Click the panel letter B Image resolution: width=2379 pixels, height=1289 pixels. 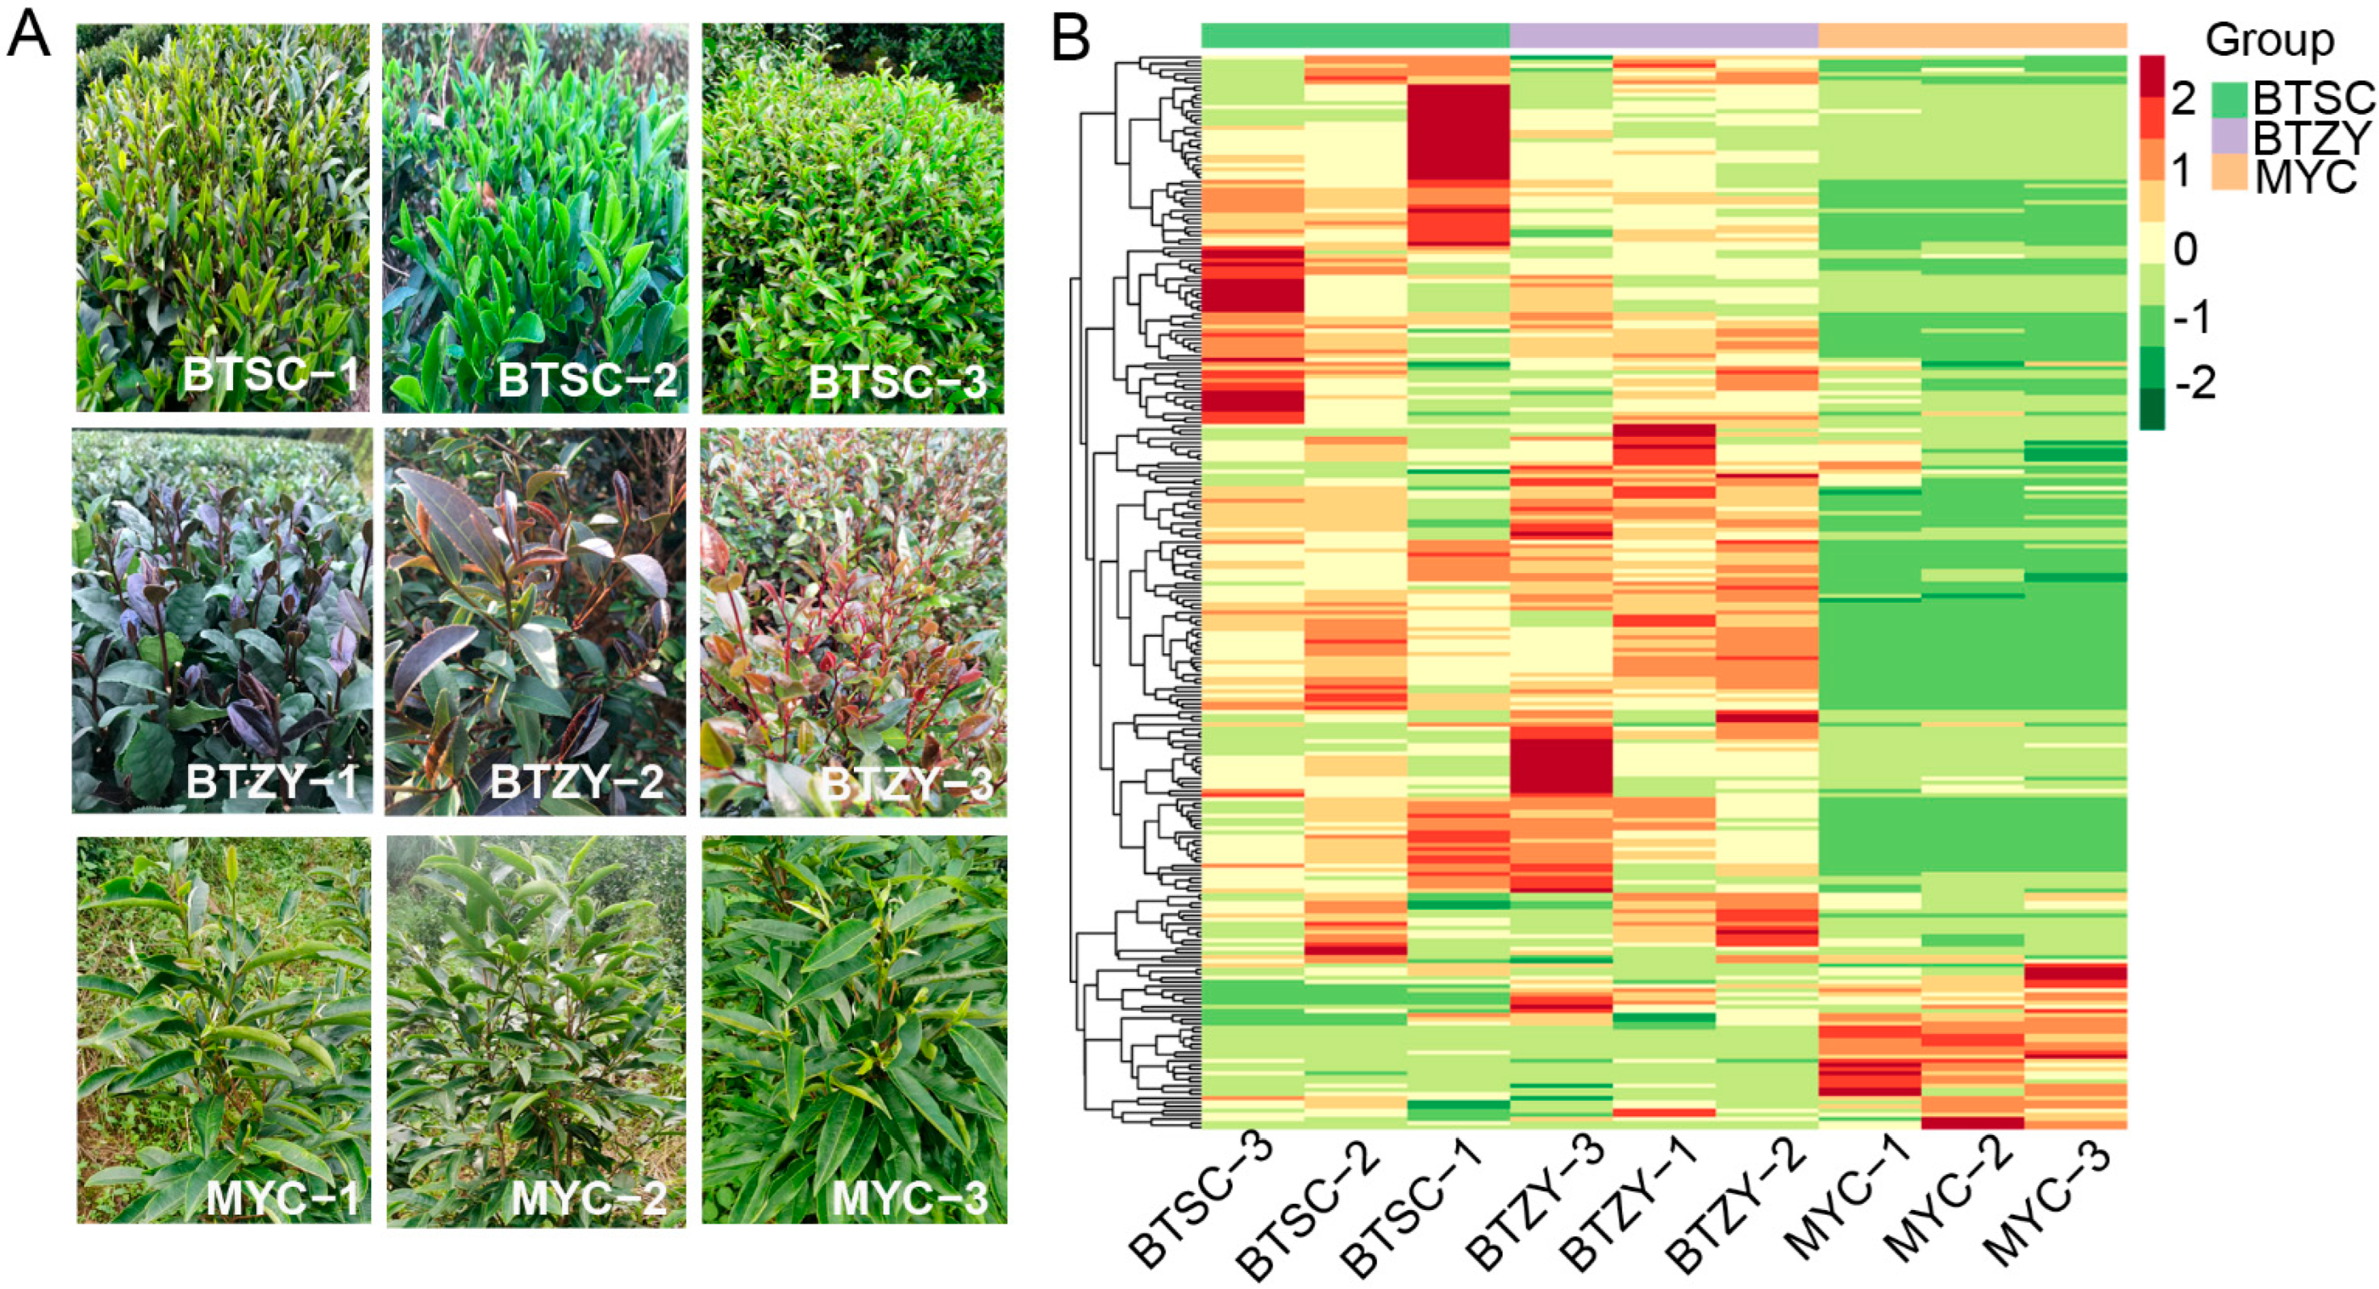[x=1071, y=39]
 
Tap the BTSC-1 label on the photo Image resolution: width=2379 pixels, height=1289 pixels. [x=270, y=376]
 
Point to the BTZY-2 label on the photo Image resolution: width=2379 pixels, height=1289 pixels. [x=577, y=783]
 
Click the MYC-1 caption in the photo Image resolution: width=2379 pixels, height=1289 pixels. [x=282, y=1199]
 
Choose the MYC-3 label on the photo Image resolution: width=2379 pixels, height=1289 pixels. [x=909, y=1199]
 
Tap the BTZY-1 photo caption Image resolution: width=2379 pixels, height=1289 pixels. [x=272, y=783]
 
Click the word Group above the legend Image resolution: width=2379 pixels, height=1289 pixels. [x=2269, y=40]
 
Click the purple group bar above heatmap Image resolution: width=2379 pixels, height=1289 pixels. [x=1663, y=36]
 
